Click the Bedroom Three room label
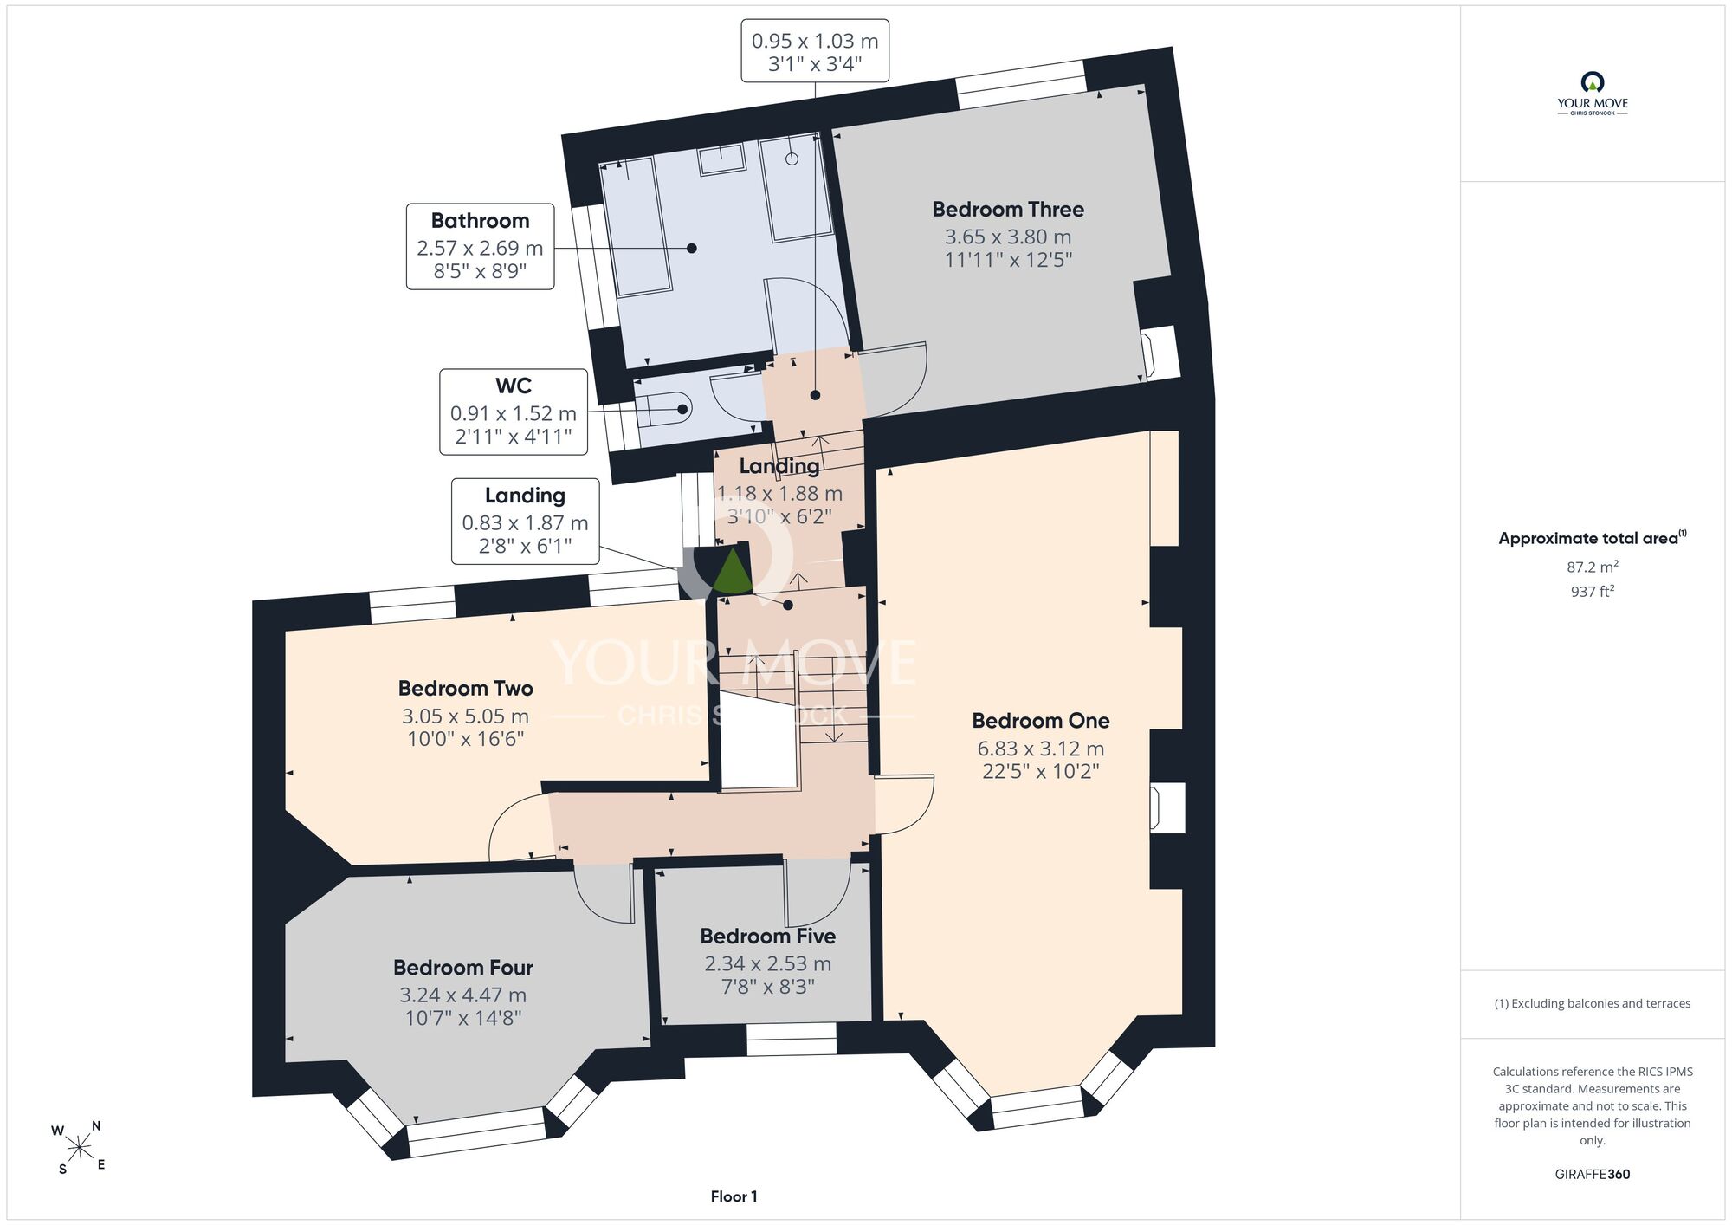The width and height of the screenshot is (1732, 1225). pyautogui.click(x=1008, y=210)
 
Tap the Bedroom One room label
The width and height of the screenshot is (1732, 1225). pyautogui.click(x=1041, y=721)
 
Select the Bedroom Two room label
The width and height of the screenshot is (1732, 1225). pyautogui.click(x=466, y=689)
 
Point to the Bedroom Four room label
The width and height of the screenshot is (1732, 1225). pyautogui.click(x=463, y=968)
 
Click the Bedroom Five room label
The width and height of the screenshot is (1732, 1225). pyautogui.click(x=768, y=937)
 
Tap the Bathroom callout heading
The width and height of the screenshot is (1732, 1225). pyautogui.click(x=481, y=221)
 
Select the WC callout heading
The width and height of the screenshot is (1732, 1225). pyautogui.click(x=514, y=386)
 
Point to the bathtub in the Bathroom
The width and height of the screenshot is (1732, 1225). pyautogui.click(x=636, y=227)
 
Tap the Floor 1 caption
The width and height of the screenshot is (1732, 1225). pyautogui.click(x=734, y=1196)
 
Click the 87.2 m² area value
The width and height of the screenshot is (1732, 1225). pyautogui.click(x=1593, y=567)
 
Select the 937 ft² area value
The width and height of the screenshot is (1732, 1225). pyautogui.click(x=1593, y=591)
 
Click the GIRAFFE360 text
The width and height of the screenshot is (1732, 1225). pyautogui.click(x=1593, y=1175)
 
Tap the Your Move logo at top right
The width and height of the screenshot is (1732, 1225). pyautogui.click(x=1593, y=94)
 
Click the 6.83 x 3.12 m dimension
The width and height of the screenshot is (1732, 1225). pyautogui.click(x=1041, y=749)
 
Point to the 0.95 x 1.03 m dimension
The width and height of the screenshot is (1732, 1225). pyautogui.click(x=815, y=41)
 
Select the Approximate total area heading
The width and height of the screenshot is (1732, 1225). pyautogui.click(x=1593, y=538)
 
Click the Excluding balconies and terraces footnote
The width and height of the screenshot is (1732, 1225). pyautogui.click(x=1593, y=1003)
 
